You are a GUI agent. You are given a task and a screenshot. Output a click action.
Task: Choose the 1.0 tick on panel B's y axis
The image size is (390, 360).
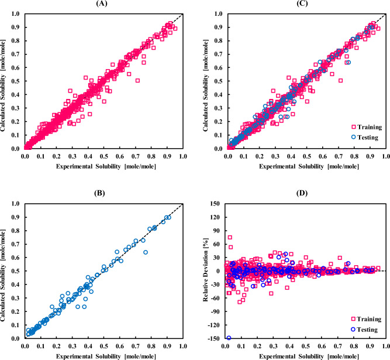point(18,204)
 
